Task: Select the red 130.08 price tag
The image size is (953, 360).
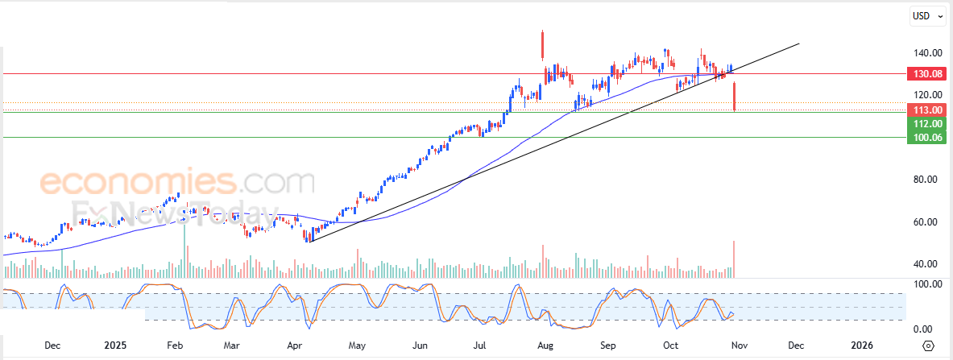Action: [x=924, y=73]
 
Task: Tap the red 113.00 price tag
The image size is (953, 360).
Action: [x=924, y=110]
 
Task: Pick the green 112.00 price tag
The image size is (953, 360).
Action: [x=924, y=124]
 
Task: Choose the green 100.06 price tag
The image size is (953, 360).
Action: [x=924, y=138]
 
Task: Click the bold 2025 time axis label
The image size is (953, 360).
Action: [x=115, y=346]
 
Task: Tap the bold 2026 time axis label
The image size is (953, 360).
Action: [x=861, y=346]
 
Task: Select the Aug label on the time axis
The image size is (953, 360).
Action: [x=545, y=346]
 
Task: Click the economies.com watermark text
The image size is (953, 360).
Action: [x=177, y=182]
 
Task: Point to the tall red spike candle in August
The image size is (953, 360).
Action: [x=543, y=44]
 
